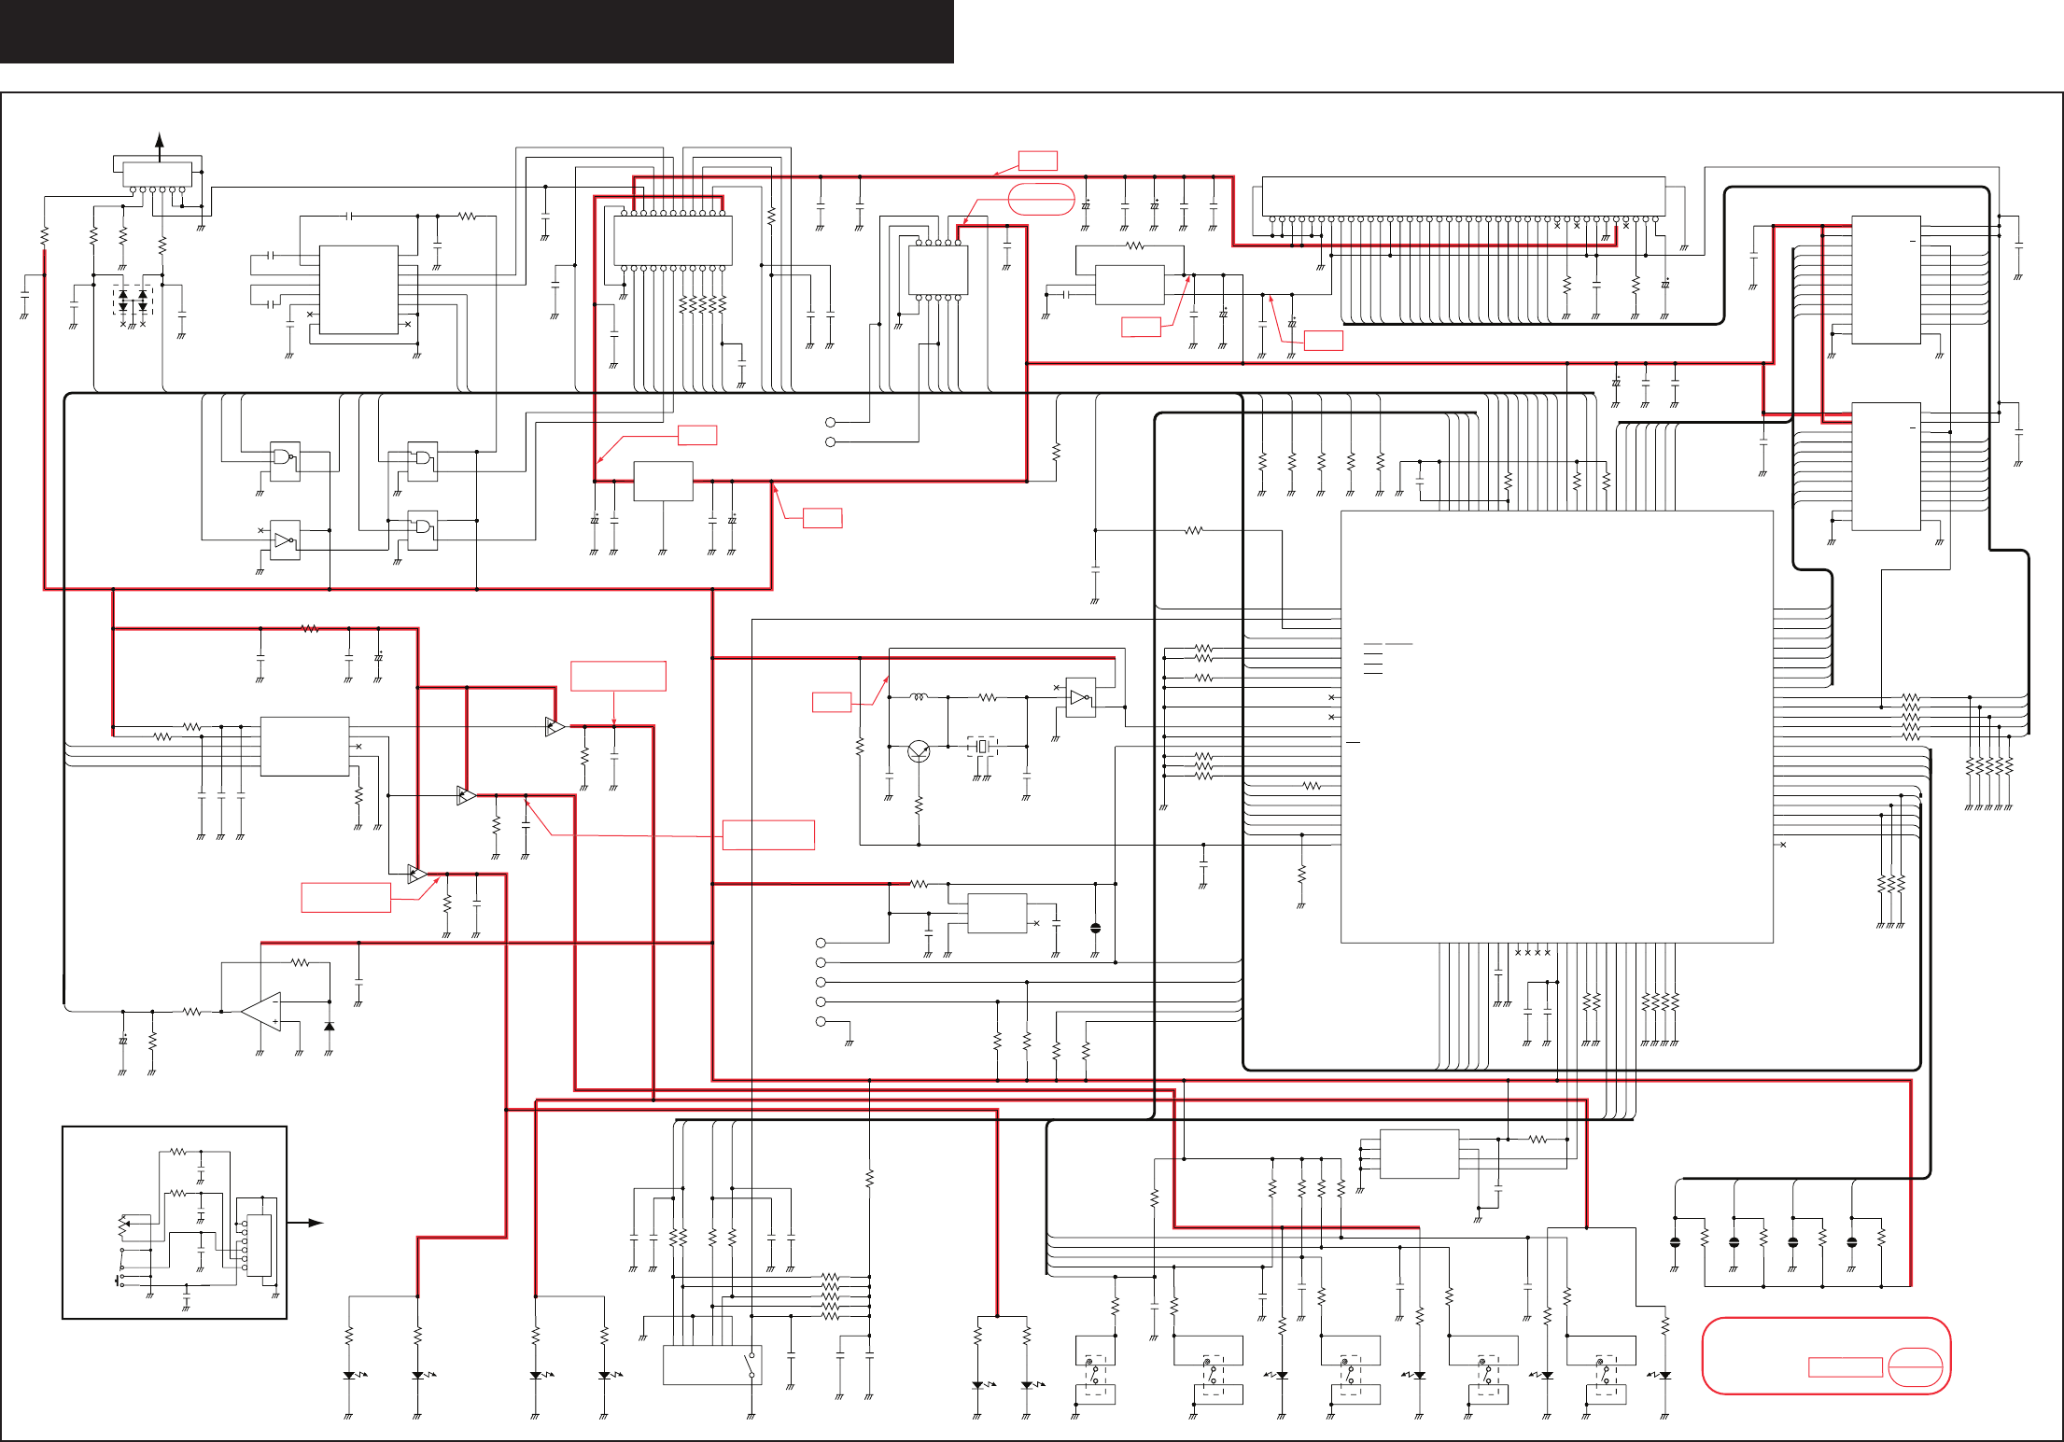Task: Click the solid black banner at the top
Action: [476, 32]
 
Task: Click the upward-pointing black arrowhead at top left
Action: [161, 141]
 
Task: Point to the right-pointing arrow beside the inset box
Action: [313, 1223]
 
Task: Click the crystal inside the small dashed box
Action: [982, 747]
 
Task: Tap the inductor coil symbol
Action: [920, 697]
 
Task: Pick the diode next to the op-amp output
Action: [329, 1027]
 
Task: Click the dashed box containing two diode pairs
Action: [133, 301]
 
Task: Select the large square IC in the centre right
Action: [1556, 726]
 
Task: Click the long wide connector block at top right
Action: [1463, 196]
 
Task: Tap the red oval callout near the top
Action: [1042, 200]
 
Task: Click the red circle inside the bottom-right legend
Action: [1915, 1367]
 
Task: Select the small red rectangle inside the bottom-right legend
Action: [1845, 1367]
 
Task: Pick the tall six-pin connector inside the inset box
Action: [259, 1245]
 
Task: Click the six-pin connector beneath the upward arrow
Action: [157, 175]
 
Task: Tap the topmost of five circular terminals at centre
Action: [821, 943]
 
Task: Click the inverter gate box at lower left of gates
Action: [285, 540]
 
